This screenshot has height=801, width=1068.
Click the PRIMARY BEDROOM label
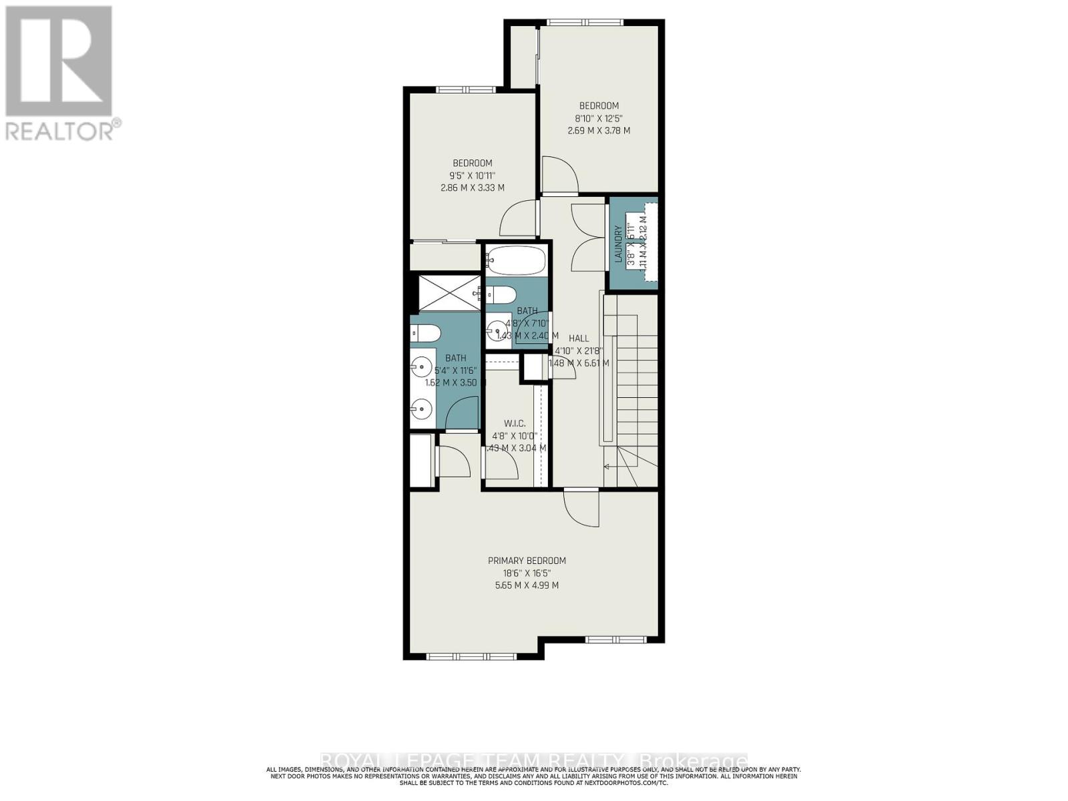[527, 561]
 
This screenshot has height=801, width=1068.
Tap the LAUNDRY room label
[618, 244]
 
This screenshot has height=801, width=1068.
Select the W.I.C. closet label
[515, 423]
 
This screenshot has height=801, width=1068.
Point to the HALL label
[579, 338]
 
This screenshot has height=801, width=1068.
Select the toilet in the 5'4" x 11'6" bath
[424, 332]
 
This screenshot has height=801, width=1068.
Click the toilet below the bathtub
[499, 294]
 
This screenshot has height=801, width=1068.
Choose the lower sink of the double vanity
[421, 407]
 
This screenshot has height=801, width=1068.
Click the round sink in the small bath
[497, 329]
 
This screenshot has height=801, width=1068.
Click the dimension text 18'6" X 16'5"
[527, 573]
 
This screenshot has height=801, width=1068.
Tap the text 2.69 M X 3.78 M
[599, 130]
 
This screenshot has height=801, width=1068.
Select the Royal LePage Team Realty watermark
[534, 761]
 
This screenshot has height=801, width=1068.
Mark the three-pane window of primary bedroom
[471, 656]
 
